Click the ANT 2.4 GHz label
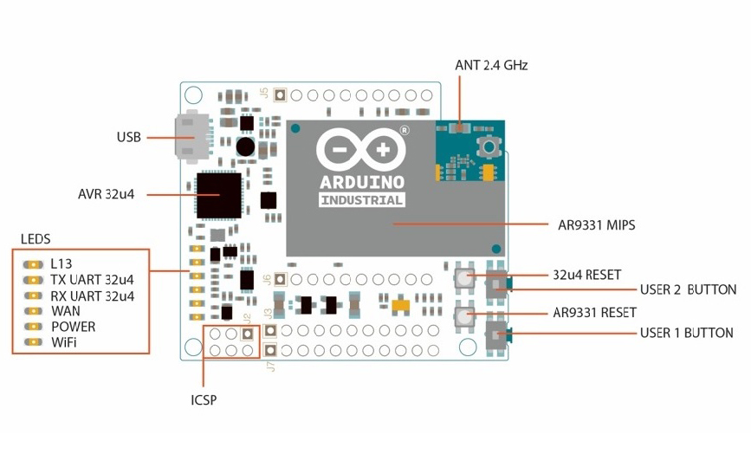pyautogui.click(x=491, y=65)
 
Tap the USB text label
pyautogui.click(x=129, y=137)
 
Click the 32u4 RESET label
pyautogui.click(x=586, y=275)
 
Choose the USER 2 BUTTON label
pyautogui.click(x=688, y=290)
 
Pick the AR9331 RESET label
pyautogui.click(x=594, y=312)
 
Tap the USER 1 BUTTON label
pyautogui.click(x=686, y=333)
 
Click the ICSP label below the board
pyautogui.click(x=204, y=400)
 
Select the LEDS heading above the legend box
pyautogui.click(x=36, y=238)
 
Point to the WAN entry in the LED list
pyautogui.click(x=66, y=310)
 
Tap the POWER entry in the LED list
pyautogui.click(x=73, y=327)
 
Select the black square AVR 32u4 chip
pyautogui.click(x=218, y=195)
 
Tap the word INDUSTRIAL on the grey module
pyautogui.click(x=362, y=200)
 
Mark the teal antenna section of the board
pyautogui.click(x=469, y=152)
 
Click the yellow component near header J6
pyautogui.click(x=400, y=305)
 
